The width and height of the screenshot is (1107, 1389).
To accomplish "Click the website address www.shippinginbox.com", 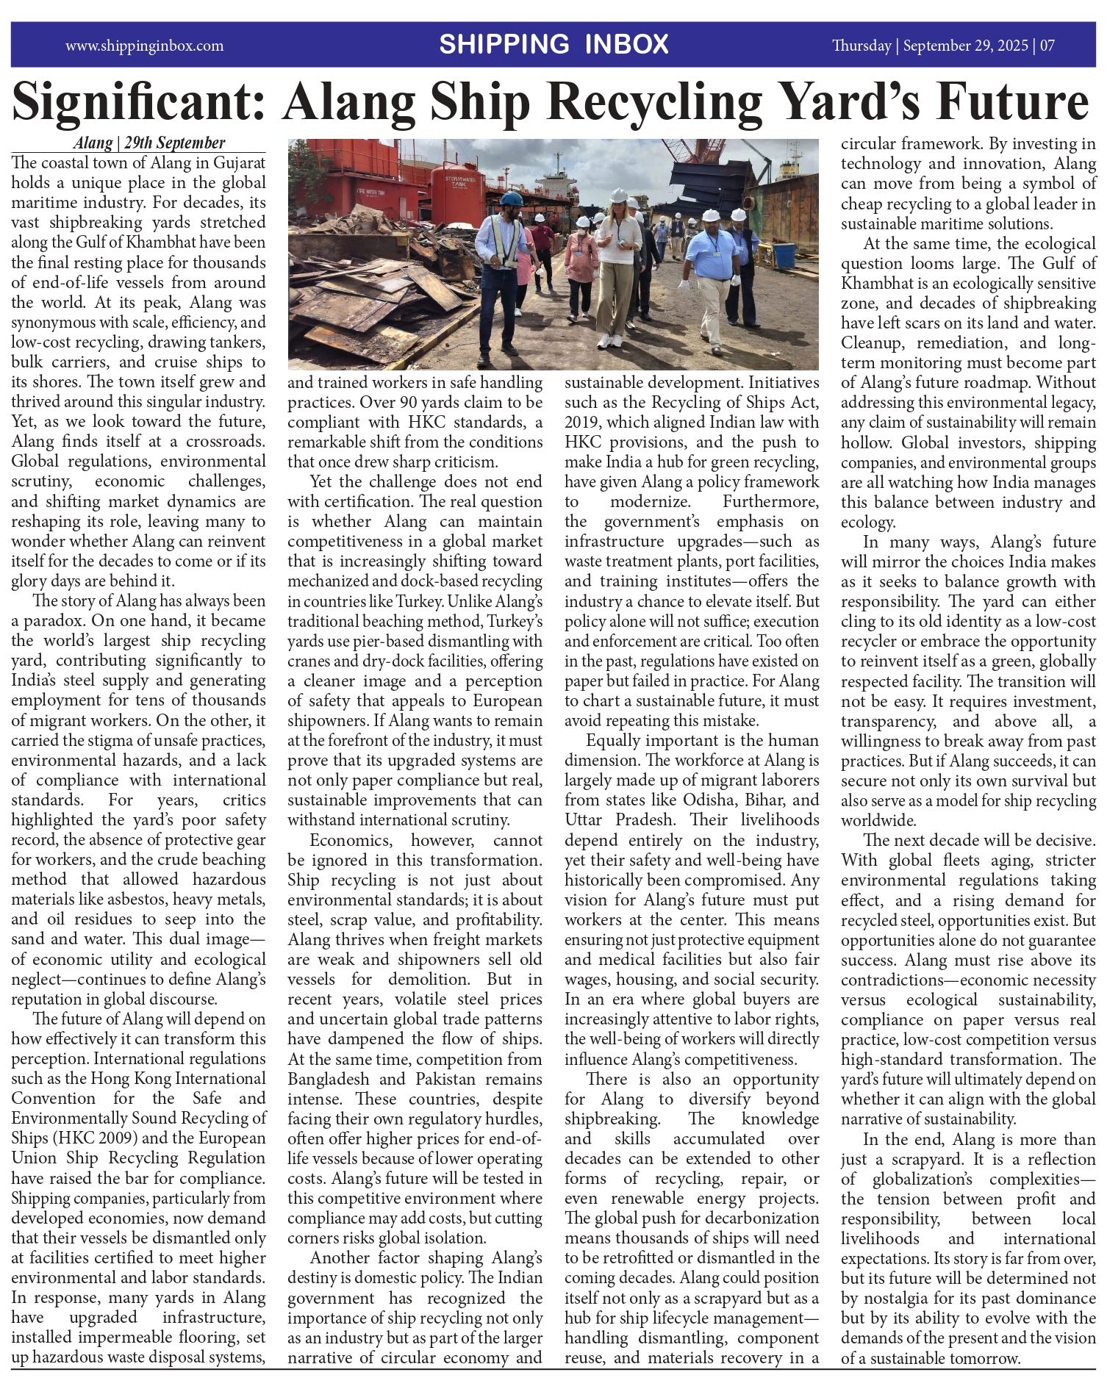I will click(144, 46).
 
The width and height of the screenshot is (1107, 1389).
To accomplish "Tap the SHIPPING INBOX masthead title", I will click(553, 45).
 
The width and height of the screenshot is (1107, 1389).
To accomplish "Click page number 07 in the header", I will click(1047, 46).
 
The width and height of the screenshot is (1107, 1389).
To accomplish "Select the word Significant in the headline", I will click(138, 103).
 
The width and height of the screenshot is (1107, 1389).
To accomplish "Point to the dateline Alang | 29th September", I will click(148, 143).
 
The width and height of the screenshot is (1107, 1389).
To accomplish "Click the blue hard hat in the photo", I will click(510, 199).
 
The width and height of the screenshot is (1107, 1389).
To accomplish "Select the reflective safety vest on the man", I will click(505, 243).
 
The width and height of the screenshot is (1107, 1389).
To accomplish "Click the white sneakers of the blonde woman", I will click(609, 341).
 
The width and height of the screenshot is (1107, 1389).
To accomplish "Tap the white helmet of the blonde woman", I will click(618, 195).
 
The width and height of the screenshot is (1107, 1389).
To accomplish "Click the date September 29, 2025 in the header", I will click(965, 46).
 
